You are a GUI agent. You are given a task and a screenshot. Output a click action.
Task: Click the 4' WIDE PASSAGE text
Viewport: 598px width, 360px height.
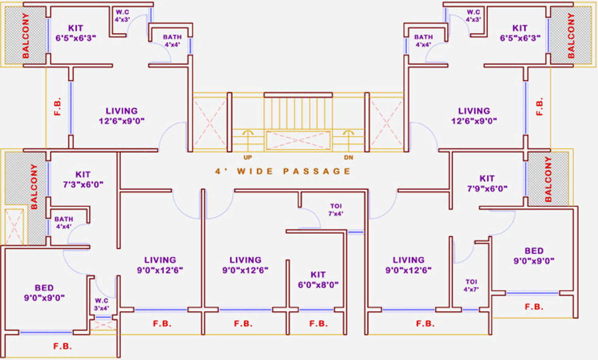283,171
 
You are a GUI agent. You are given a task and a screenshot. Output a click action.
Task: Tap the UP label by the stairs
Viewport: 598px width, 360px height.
248,158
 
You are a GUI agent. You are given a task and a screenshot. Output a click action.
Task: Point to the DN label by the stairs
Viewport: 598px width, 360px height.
349,158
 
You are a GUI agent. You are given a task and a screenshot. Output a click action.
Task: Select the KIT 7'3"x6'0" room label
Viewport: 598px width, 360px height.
83,180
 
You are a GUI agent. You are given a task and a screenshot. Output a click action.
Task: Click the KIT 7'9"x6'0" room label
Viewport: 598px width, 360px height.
487,184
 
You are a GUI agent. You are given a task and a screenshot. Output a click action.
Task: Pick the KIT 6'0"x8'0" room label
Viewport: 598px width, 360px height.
318,280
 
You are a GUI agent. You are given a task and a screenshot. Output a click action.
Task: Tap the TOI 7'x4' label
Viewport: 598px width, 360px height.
336,210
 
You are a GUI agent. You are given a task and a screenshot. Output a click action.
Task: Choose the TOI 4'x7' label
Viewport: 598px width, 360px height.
471,285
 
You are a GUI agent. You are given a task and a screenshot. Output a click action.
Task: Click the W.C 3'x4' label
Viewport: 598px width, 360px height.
101,304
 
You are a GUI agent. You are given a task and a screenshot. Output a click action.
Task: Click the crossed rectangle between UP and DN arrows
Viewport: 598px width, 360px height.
298,140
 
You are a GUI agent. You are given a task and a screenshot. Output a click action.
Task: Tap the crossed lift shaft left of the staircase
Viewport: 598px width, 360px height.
209,122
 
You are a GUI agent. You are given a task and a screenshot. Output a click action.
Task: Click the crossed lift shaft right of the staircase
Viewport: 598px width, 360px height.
386,122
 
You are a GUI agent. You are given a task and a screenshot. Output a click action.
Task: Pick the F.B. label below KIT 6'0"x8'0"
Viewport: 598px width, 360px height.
319,323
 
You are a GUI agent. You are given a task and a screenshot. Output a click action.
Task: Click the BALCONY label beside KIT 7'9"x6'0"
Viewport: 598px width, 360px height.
548,179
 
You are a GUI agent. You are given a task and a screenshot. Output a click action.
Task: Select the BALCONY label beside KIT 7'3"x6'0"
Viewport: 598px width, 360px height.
34,186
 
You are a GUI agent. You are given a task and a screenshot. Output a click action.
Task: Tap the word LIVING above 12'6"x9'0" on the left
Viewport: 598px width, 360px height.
122,111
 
